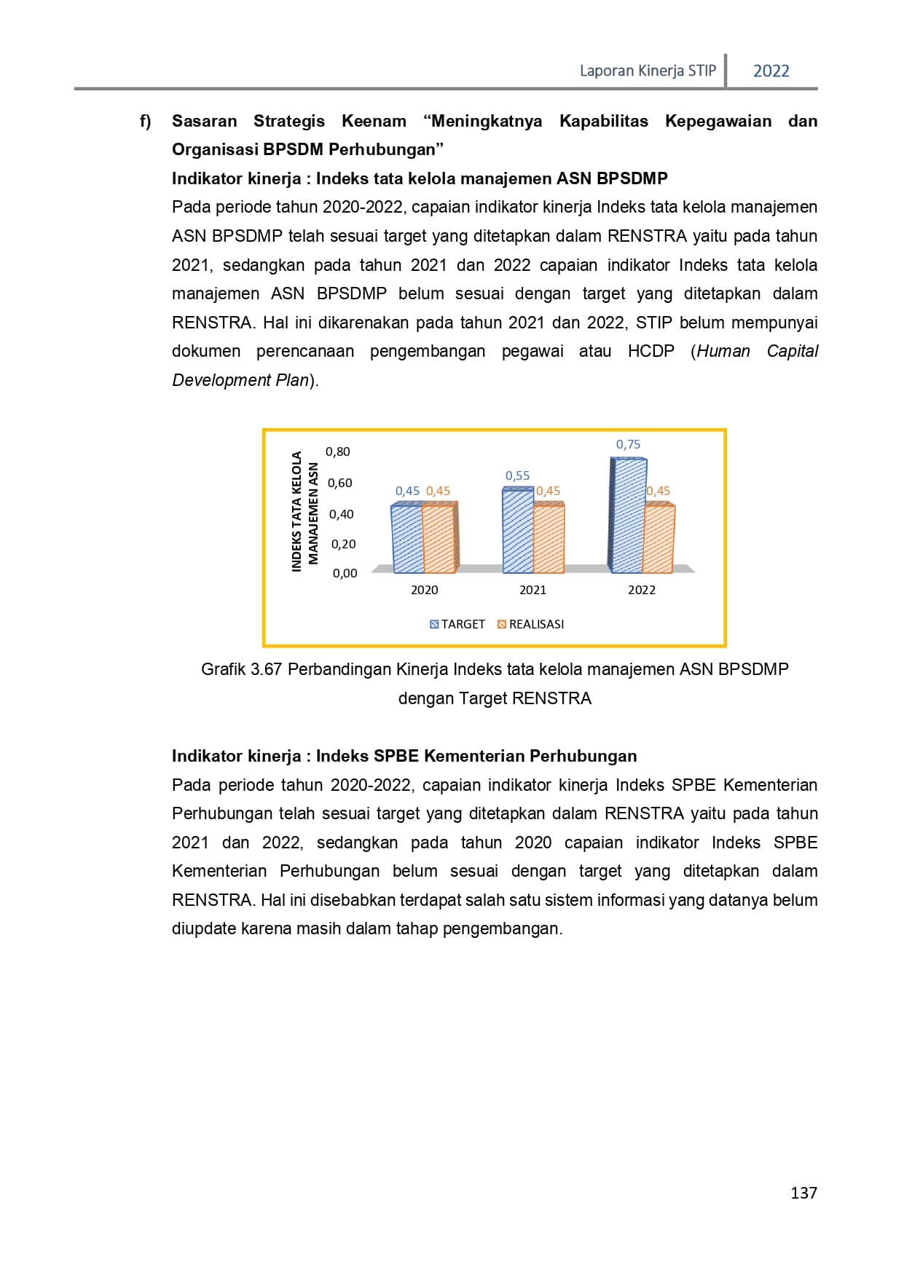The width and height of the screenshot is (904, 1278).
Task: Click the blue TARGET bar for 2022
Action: tap(628, 516)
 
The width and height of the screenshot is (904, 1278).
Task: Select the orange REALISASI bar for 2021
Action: tap(549, 538)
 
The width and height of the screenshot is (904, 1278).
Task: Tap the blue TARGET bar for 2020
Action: tap(407, 539)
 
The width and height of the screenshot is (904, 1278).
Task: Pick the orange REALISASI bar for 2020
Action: tap(438, 539)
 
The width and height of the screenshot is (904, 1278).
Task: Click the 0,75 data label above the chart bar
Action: tap(628, 444)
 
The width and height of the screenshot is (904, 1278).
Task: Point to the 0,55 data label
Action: tap(517, 476)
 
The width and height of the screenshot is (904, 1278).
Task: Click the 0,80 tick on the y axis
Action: tap(338, 451)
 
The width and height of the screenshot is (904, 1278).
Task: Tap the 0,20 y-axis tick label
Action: tap(343, 544)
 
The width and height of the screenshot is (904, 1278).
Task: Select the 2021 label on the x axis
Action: tap(532, 590)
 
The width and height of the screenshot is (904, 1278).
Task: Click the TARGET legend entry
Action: tap(457, 624)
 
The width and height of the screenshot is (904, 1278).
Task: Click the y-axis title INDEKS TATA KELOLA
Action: tap(296, 511)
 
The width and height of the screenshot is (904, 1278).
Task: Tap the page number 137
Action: tap(803, 1193)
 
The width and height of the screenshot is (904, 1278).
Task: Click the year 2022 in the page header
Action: tap(771, 71)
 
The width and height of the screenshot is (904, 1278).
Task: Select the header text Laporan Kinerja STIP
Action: tap(648, 71)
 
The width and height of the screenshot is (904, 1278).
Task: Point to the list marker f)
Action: tap(146, 122)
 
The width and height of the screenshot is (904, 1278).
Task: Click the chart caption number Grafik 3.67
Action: tap(241, 669)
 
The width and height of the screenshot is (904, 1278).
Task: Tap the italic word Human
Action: tap(723, 351)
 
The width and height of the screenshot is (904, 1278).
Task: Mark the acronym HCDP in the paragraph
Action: tap(651, 351)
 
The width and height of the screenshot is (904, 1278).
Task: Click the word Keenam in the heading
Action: tap(374, 121)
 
